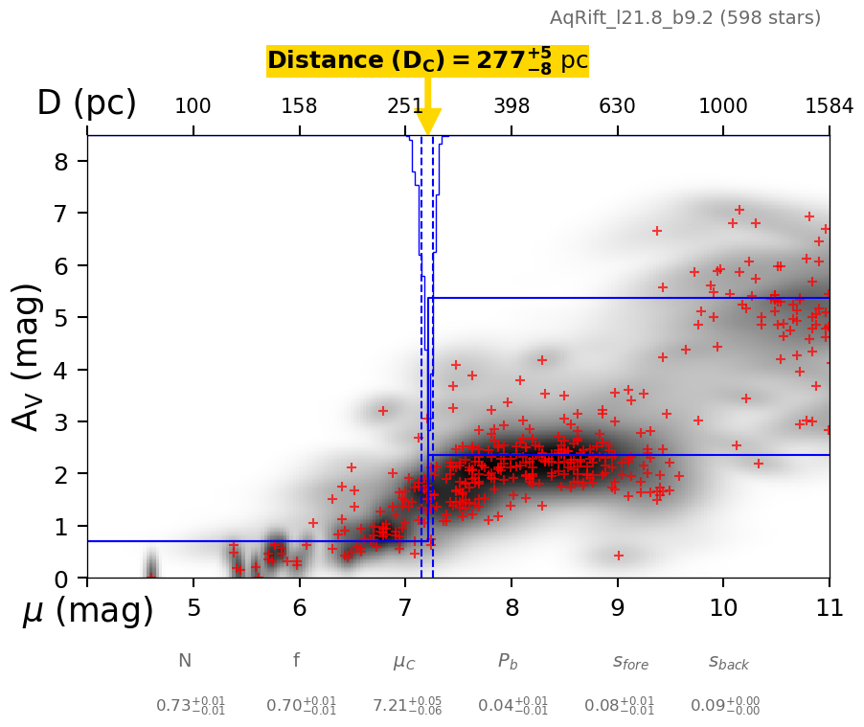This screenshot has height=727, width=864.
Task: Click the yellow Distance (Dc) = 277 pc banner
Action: [x=427, y=60]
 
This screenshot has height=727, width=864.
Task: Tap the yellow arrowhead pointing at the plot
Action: [x=428, y=122]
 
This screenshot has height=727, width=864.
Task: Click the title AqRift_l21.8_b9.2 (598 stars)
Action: [x=685, y=17]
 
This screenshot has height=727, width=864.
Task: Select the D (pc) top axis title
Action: [x=86, y=102]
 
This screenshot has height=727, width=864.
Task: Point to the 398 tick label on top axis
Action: [x=512, y=106]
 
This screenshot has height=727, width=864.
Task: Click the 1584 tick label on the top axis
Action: [x=829, y=106]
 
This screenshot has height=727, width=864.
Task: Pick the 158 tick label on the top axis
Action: [x=299, y=106]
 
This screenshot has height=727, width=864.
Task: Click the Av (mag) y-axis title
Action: [x=29, y=355]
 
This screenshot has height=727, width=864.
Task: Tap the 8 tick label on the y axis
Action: [x=60, y=161]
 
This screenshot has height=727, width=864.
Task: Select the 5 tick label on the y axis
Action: [x=60, y=317]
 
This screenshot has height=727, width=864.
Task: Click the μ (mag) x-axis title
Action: [x=88, y=610]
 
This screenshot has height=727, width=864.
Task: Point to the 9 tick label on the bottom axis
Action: [x=617, y=608]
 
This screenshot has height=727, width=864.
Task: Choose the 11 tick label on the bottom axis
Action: [x=829, y=608]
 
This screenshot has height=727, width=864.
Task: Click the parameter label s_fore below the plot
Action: [x=630, y=662]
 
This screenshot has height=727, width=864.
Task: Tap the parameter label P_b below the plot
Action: [x=509, y=661]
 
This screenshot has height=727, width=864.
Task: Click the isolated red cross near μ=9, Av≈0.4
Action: [x=619, y=556]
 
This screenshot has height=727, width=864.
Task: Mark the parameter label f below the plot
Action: [x=296, y=660]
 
